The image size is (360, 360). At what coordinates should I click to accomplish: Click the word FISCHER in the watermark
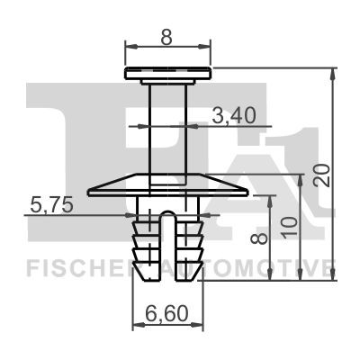coord(77,267)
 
